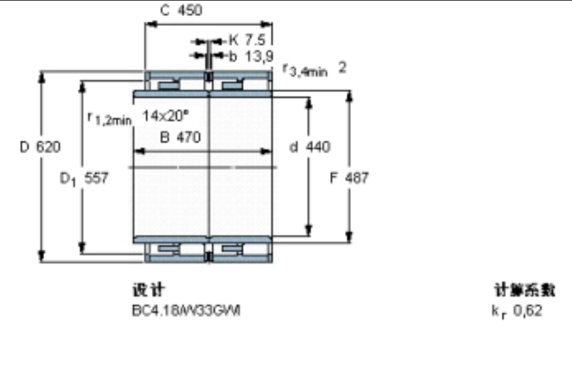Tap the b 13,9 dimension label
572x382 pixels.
pyautogui.click(x=250, y=57)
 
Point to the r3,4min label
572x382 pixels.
pyautogui.click(x=305, y=69)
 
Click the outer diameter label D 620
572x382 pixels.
pyautogui.click(x=40, y=147)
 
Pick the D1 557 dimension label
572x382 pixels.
pyautogui.click(x=84, y=178)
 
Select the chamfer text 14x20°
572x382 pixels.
pyautogui.click(x=166, y=116)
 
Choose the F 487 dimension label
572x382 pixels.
pyautogui.click(x=349, y=178)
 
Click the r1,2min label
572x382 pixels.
pyautogui.click(x=109, y=118)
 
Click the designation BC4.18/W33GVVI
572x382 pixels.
pyautogui.click(x=186, y=310)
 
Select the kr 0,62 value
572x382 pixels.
pyautogui.click(x=516, y=310)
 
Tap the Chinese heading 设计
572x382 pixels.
pyautogui.click(x=148, y=290)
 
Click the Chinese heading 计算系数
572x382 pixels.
pyautogui.click(x=524, y=290)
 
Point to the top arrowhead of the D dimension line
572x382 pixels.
pyautogui.click(x=42, y=77)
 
